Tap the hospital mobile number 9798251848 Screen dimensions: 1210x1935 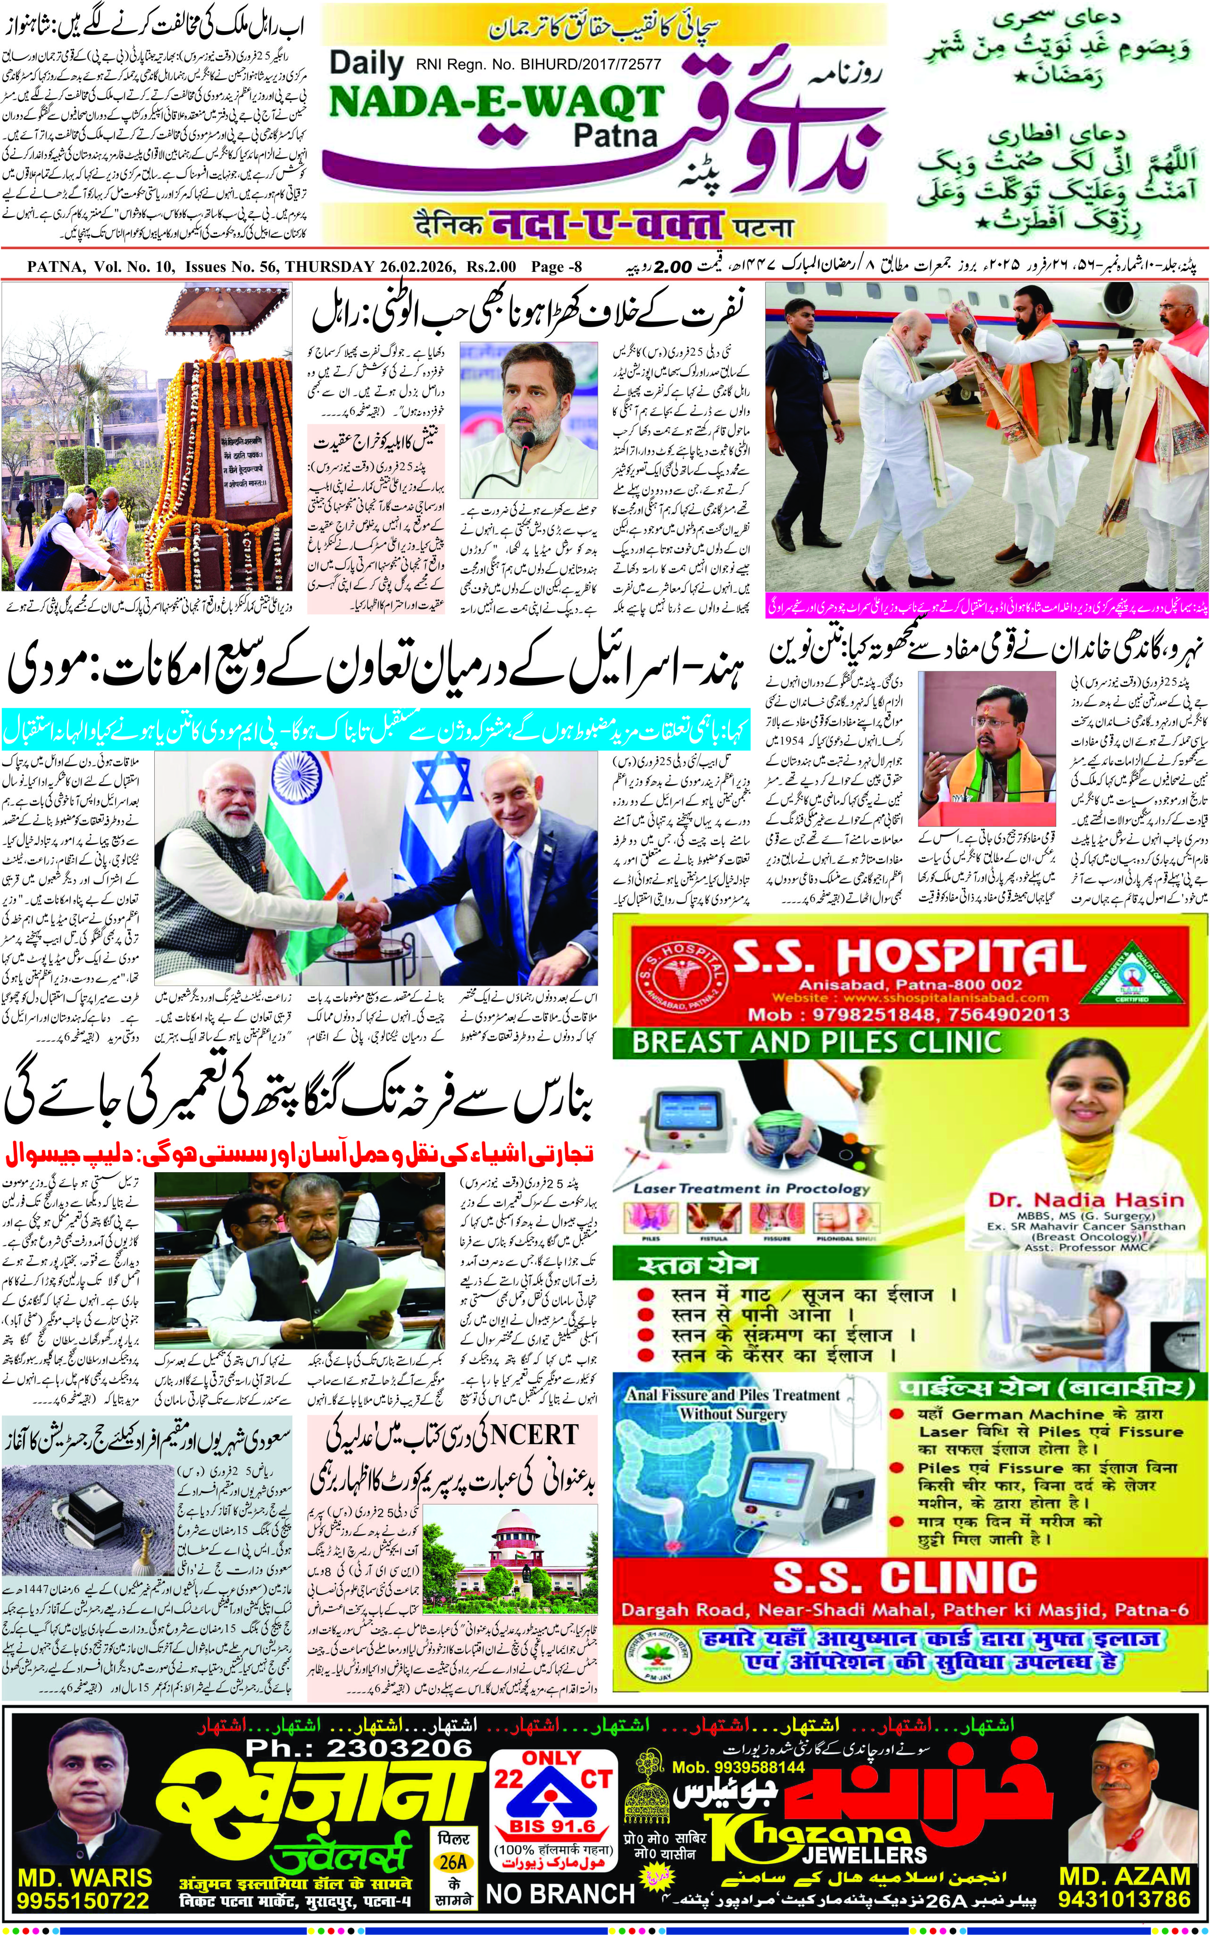click(871, 1015)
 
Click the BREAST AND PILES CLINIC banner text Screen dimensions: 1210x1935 click(816, 1042)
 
